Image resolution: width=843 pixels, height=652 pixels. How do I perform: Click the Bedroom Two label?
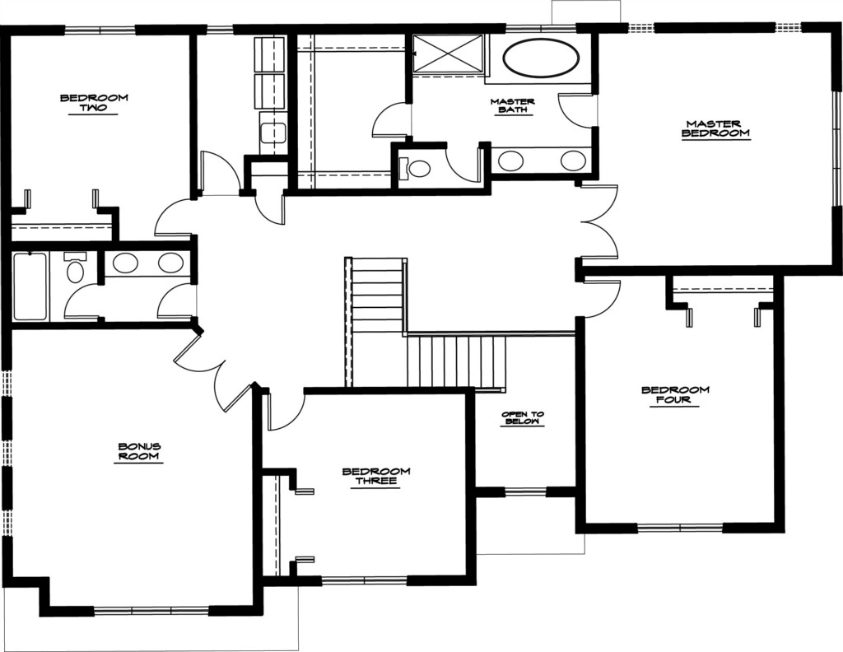click(x=94, y=103)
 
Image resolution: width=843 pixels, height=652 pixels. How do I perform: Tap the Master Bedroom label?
click(x=715, y=128)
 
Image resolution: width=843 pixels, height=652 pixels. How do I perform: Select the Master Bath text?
click(x=512, y=105)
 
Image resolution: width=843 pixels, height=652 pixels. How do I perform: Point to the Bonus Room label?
click(x=139, y=451)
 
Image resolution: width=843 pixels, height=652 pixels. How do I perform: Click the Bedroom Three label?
click(x=376, y=476)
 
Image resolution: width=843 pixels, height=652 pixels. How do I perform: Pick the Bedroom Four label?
click(x=675, y=395)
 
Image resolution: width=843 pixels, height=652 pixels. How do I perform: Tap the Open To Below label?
click(x=523, y=418)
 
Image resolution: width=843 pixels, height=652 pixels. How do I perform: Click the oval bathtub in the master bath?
click(x=542, y=58)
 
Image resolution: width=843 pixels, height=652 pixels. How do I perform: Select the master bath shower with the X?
click(x=449, y=53)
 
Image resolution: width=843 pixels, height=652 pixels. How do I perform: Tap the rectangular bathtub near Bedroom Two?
click(x=30, y=286)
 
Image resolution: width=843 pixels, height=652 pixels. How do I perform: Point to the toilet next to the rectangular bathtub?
click(x=75, y=268)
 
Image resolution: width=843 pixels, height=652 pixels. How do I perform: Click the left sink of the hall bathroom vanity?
click(x=125, y=263)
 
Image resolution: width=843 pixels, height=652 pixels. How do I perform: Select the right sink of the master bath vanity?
click(x=573, y=160)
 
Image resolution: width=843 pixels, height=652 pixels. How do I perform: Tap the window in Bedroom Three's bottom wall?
click(x=364, y=580)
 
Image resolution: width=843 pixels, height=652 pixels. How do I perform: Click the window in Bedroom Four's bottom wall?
click(x=680, y=528)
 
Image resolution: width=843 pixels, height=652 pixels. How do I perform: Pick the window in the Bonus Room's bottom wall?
click(x=151, y=611)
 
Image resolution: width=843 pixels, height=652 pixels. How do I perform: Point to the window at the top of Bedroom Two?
click(x=100, y=30)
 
